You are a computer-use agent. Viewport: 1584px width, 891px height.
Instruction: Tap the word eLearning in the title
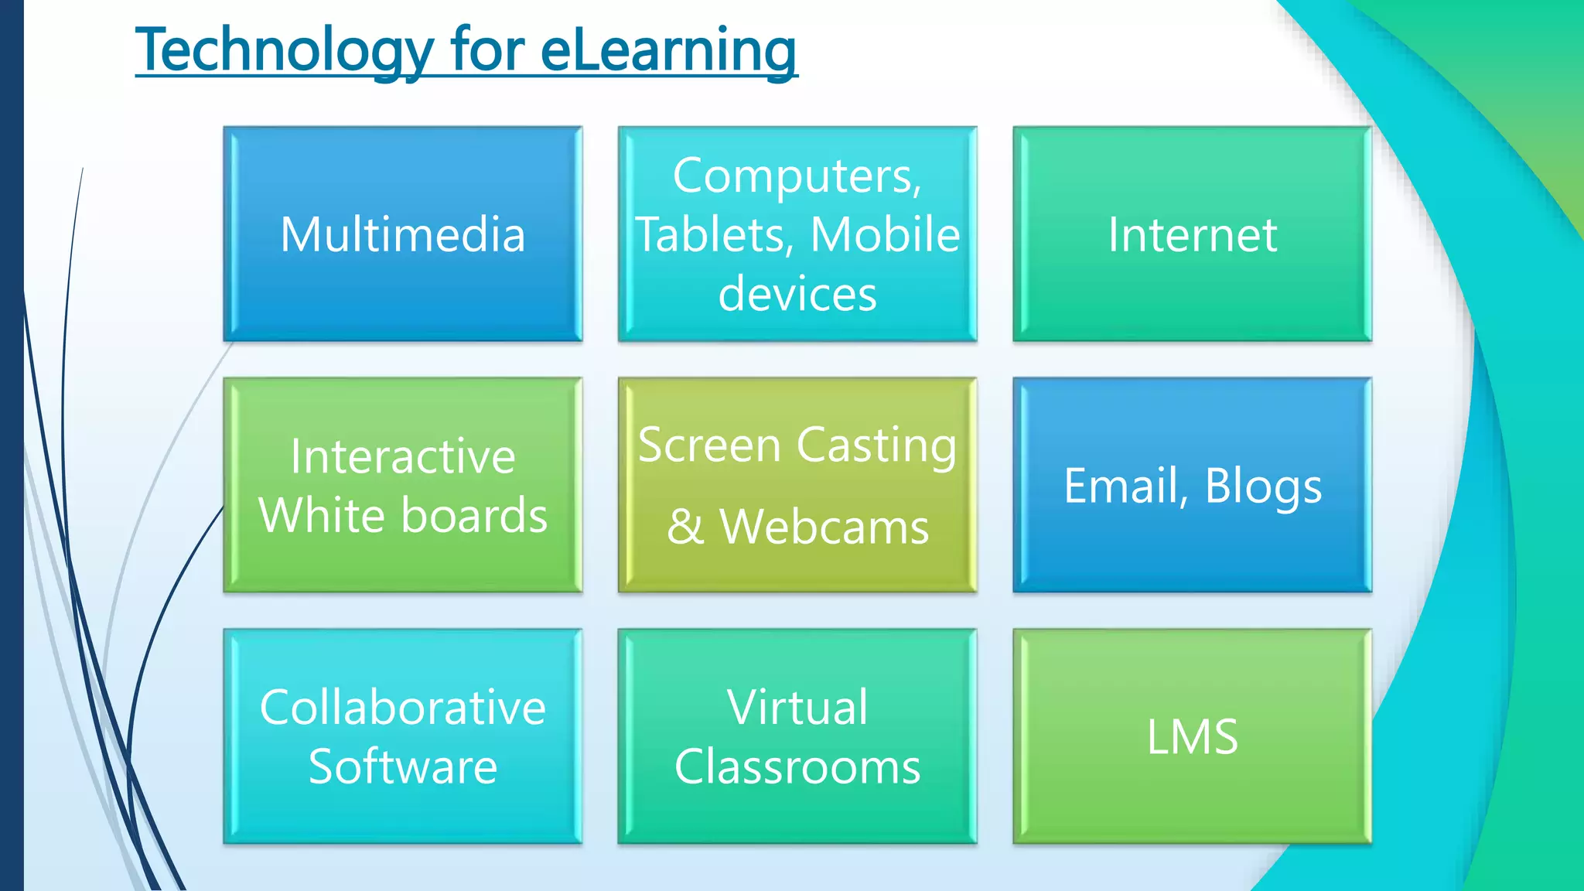point(668,49)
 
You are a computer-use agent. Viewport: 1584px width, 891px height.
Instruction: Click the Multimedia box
point(402,234)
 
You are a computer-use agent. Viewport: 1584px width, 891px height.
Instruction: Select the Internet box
point(1192,234)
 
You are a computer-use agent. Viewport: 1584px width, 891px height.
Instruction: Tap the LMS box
point(1192,736)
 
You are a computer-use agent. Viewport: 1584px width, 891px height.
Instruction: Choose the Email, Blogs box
point(1192,485)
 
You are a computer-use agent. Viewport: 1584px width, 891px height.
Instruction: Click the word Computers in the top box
point(797,176)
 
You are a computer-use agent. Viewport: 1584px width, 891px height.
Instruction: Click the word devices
point(797,294)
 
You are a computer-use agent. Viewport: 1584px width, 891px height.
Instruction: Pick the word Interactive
point(402,456)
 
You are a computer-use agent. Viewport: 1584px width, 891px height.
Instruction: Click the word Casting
point(876,446)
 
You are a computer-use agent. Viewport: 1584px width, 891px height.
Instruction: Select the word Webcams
point(824,527)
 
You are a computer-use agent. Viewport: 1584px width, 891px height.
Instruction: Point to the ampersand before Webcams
point(685,527)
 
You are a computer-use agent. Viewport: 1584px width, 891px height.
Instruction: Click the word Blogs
point(1263,486)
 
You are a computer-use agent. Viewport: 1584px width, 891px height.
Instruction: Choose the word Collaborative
point(402,707)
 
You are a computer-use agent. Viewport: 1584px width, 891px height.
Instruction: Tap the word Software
point(402,766)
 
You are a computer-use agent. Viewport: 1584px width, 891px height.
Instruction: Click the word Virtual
point(797,707)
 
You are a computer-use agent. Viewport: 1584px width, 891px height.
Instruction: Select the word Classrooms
point(797,766)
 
